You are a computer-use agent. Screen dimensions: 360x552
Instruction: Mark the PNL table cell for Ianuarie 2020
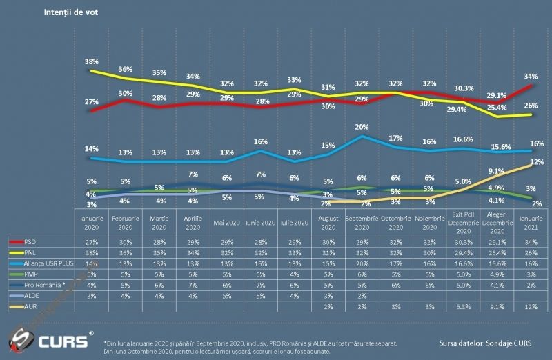point(91,253)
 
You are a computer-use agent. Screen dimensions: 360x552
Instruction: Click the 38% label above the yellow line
point(90,62)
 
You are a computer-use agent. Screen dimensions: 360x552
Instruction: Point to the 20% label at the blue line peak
point(362,127)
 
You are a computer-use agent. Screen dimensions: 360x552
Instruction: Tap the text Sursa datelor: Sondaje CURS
point(485,343)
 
